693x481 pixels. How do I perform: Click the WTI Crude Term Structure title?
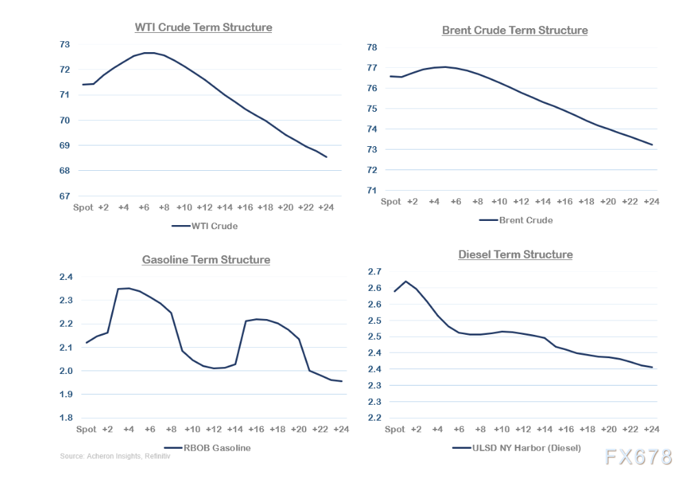203,27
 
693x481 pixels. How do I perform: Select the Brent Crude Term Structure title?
514,30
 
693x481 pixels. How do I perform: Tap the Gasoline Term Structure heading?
206,260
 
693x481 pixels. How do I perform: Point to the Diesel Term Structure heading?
515,255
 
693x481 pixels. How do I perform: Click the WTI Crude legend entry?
205,226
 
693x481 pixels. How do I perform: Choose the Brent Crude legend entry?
516,220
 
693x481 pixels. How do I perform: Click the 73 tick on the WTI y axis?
65,44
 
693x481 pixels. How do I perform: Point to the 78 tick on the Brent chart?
372,48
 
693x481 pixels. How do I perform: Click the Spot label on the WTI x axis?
83,207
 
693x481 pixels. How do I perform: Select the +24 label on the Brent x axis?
651,201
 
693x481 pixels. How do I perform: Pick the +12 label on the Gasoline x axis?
214,429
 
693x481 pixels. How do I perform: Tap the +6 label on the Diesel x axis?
459,429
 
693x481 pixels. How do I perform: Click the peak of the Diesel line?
405,281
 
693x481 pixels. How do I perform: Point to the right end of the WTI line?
326,157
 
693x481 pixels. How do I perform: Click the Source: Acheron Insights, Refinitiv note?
115,456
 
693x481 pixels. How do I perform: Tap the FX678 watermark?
639,458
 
